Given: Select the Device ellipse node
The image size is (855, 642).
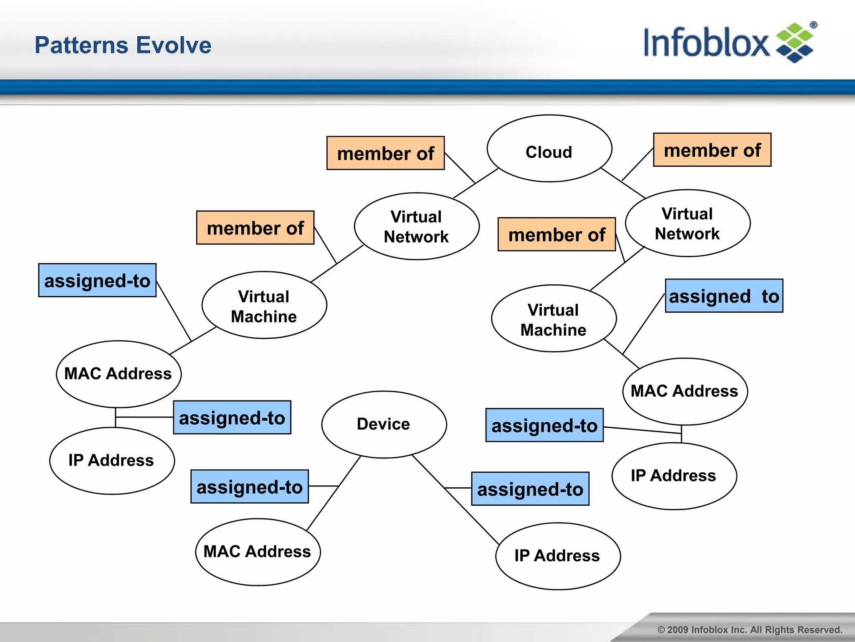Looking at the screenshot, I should (x=384, y=424).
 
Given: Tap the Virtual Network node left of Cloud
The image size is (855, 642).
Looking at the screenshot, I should (x=416, y=226).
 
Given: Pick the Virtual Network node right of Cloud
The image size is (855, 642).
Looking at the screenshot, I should (x=687, y=223).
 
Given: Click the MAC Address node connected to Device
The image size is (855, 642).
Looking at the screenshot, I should (x=258, y=552).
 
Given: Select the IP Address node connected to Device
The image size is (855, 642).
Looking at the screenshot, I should (x=558, y=556).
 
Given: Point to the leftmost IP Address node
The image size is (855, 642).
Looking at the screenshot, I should (x=112, y=461).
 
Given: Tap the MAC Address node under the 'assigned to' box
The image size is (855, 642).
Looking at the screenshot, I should (x=685, y=391).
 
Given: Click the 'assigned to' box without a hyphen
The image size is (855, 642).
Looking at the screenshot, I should (x=723, y=296).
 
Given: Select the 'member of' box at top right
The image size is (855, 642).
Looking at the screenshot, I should (x=712, y=150).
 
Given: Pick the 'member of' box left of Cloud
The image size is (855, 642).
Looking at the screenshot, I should (x=385, y=153).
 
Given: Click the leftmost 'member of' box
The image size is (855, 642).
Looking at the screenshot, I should (x=255, y=228).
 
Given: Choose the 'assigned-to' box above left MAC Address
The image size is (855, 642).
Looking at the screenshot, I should (x=97, y=280).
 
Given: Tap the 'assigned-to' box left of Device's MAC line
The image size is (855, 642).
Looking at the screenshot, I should (x=249, y=487).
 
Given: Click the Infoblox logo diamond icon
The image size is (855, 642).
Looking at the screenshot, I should (x=794, y=43).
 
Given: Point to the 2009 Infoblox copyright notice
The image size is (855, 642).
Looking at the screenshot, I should (x=749, y=629).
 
